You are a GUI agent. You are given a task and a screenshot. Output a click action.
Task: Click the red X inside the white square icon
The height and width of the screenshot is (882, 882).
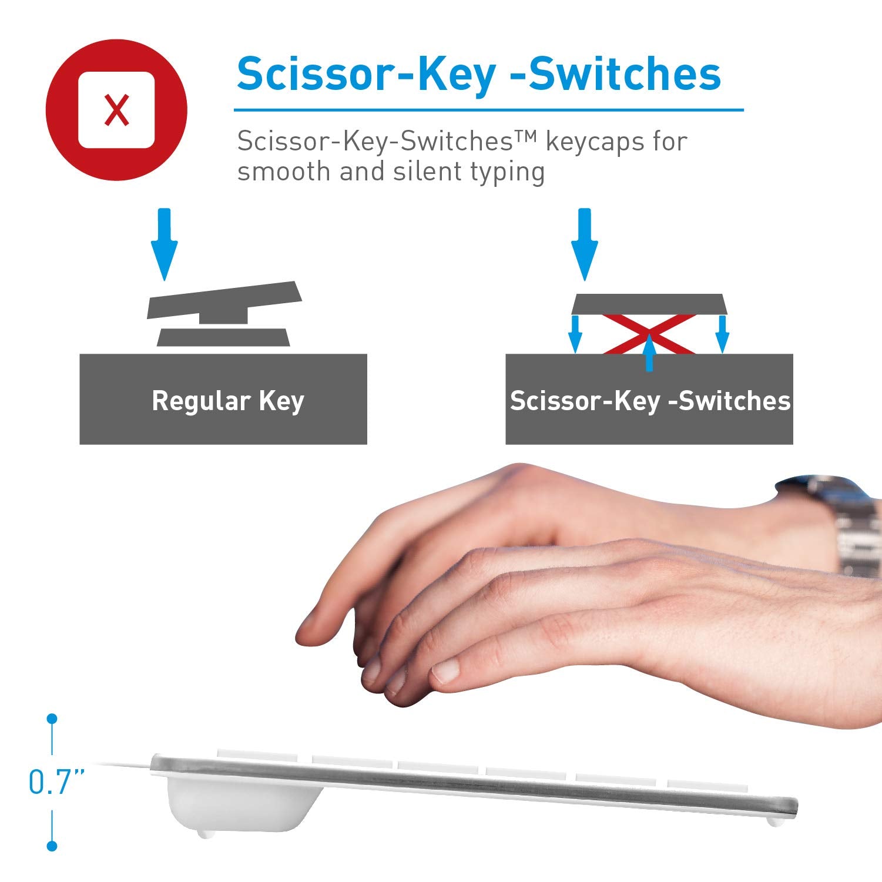coord(116,110)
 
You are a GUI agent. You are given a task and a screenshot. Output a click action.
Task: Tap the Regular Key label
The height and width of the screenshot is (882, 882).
coord(228,401)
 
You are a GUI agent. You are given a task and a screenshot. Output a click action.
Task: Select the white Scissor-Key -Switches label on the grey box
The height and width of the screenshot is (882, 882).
coord(650,401)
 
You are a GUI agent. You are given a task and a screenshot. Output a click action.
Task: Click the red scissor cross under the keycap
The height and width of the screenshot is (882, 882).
coord(649,334)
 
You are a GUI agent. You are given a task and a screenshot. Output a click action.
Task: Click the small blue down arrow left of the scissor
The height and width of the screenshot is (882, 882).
coord(576,334)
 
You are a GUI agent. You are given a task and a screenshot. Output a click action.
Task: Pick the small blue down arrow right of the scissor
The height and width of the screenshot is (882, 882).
coord(723,334)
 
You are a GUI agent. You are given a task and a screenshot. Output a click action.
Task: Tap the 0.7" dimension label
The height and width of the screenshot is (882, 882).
coord(57,782)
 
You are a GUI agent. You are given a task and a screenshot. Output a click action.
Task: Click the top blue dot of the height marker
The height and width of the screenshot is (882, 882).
coord(52,718)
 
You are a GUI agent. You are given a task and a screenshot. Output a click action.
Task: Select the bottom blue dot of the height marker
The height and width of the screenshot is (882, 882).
coord(52,846)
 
